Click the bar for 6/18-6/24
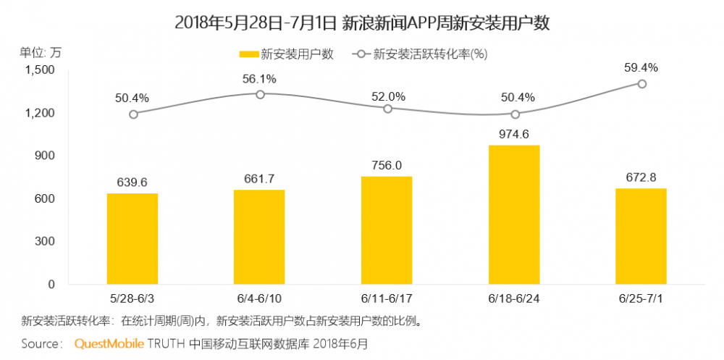click(x=514, y=214)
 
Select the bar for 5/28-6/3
click(x=132, y=238)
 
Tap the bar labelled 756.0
click(x=387, y=230)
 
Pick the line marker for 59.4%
click(x=641, y=84)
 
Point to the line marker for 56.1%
click(x=260, y=94)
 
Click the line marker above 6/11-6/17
click(x=387, y=109)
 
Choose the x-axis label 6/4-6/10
click(x=260, y=298)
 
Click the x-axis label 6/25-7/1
click(x=641, y=298)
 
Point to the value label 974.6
click(x=514, y=133)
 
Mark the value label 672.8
click(x=641, y=176)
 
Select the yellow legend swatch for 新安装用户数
click(x=248, y=54)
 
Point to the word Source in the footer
click(x=41, y=343)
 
